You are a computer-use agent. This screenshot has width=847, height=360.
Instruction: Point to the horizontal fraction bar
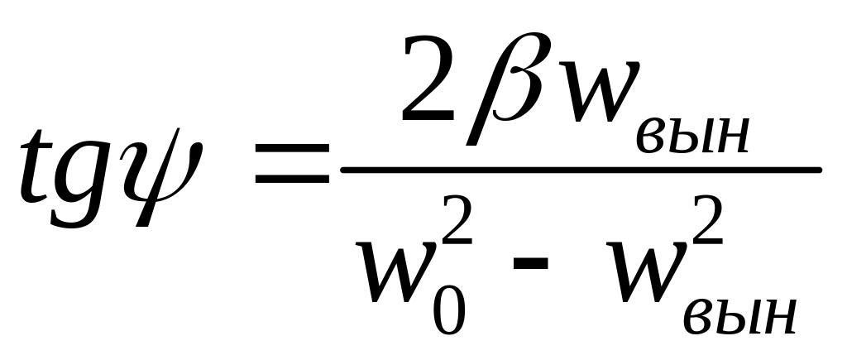[579, 169]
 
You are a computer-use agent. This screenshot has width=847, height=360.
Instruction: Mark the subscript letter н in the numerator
[731, 136]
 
